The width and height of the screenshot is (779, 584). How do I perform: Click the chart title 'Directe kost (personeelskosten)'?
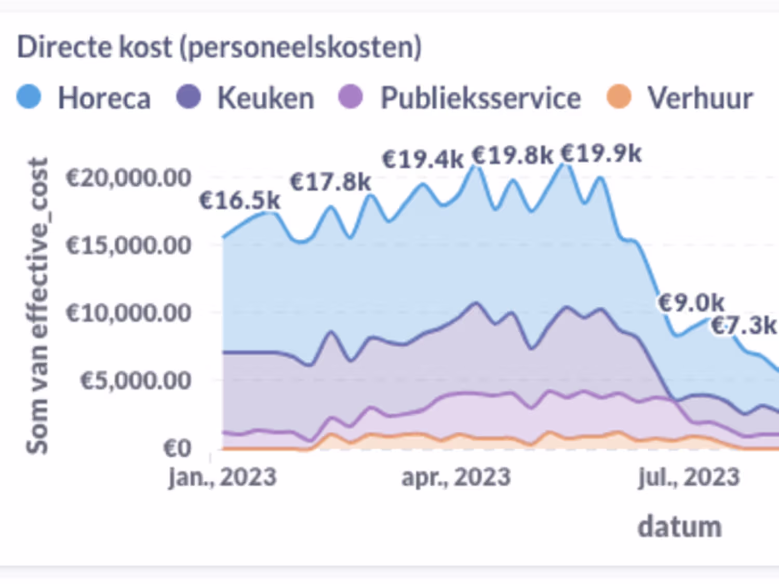(219, 48)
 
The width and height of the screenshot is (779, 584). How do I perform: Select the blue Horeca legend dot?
(29, 97)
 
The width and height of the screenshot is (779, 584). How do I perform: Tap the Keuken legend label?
(265, 98)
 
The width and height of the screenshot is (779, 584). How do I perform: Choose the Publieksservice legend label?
(480, 98)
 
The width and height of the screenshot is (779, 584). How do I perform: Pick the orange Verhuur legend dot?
(619, 97)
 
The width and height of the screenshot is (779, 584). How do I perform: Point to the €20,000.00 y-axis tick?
(128, 178)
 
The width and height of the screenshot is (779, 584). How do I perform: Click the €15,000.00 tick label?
(128, 245)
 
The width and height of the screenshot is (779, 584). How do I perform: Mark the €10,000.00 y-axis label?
(128, 313)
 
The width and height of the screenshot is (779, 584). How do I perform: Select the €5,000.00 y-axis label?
(135, 381)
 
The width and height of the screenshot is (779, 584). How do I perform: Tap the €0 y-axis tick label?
(177, 447)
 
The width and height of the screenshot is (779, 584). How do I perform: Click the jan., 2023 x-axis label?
(222, 477)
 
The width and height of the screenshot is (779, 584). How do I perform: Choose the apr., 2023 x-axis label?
(456, 477)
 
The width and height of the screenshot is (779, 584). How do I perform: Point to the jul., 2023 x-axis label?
(689, 477)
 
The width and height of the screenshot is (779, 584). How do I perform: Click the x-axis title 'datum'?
(679, 526)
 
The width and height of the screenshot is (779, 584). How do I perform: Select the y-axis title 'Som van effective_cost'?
(37, 306)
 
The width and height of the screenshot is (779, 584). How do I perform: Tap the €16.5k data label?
(239, 200)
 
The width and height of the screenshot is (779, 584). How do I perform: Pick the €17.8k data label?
(330, 182)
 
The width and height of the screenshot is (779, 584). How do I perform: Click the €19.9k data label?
(601, 154)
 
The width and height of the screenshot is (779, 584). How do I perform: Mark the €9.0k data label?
(691, 302)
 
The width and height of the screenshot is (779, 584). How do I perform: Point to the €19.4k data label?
(423, 159)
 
